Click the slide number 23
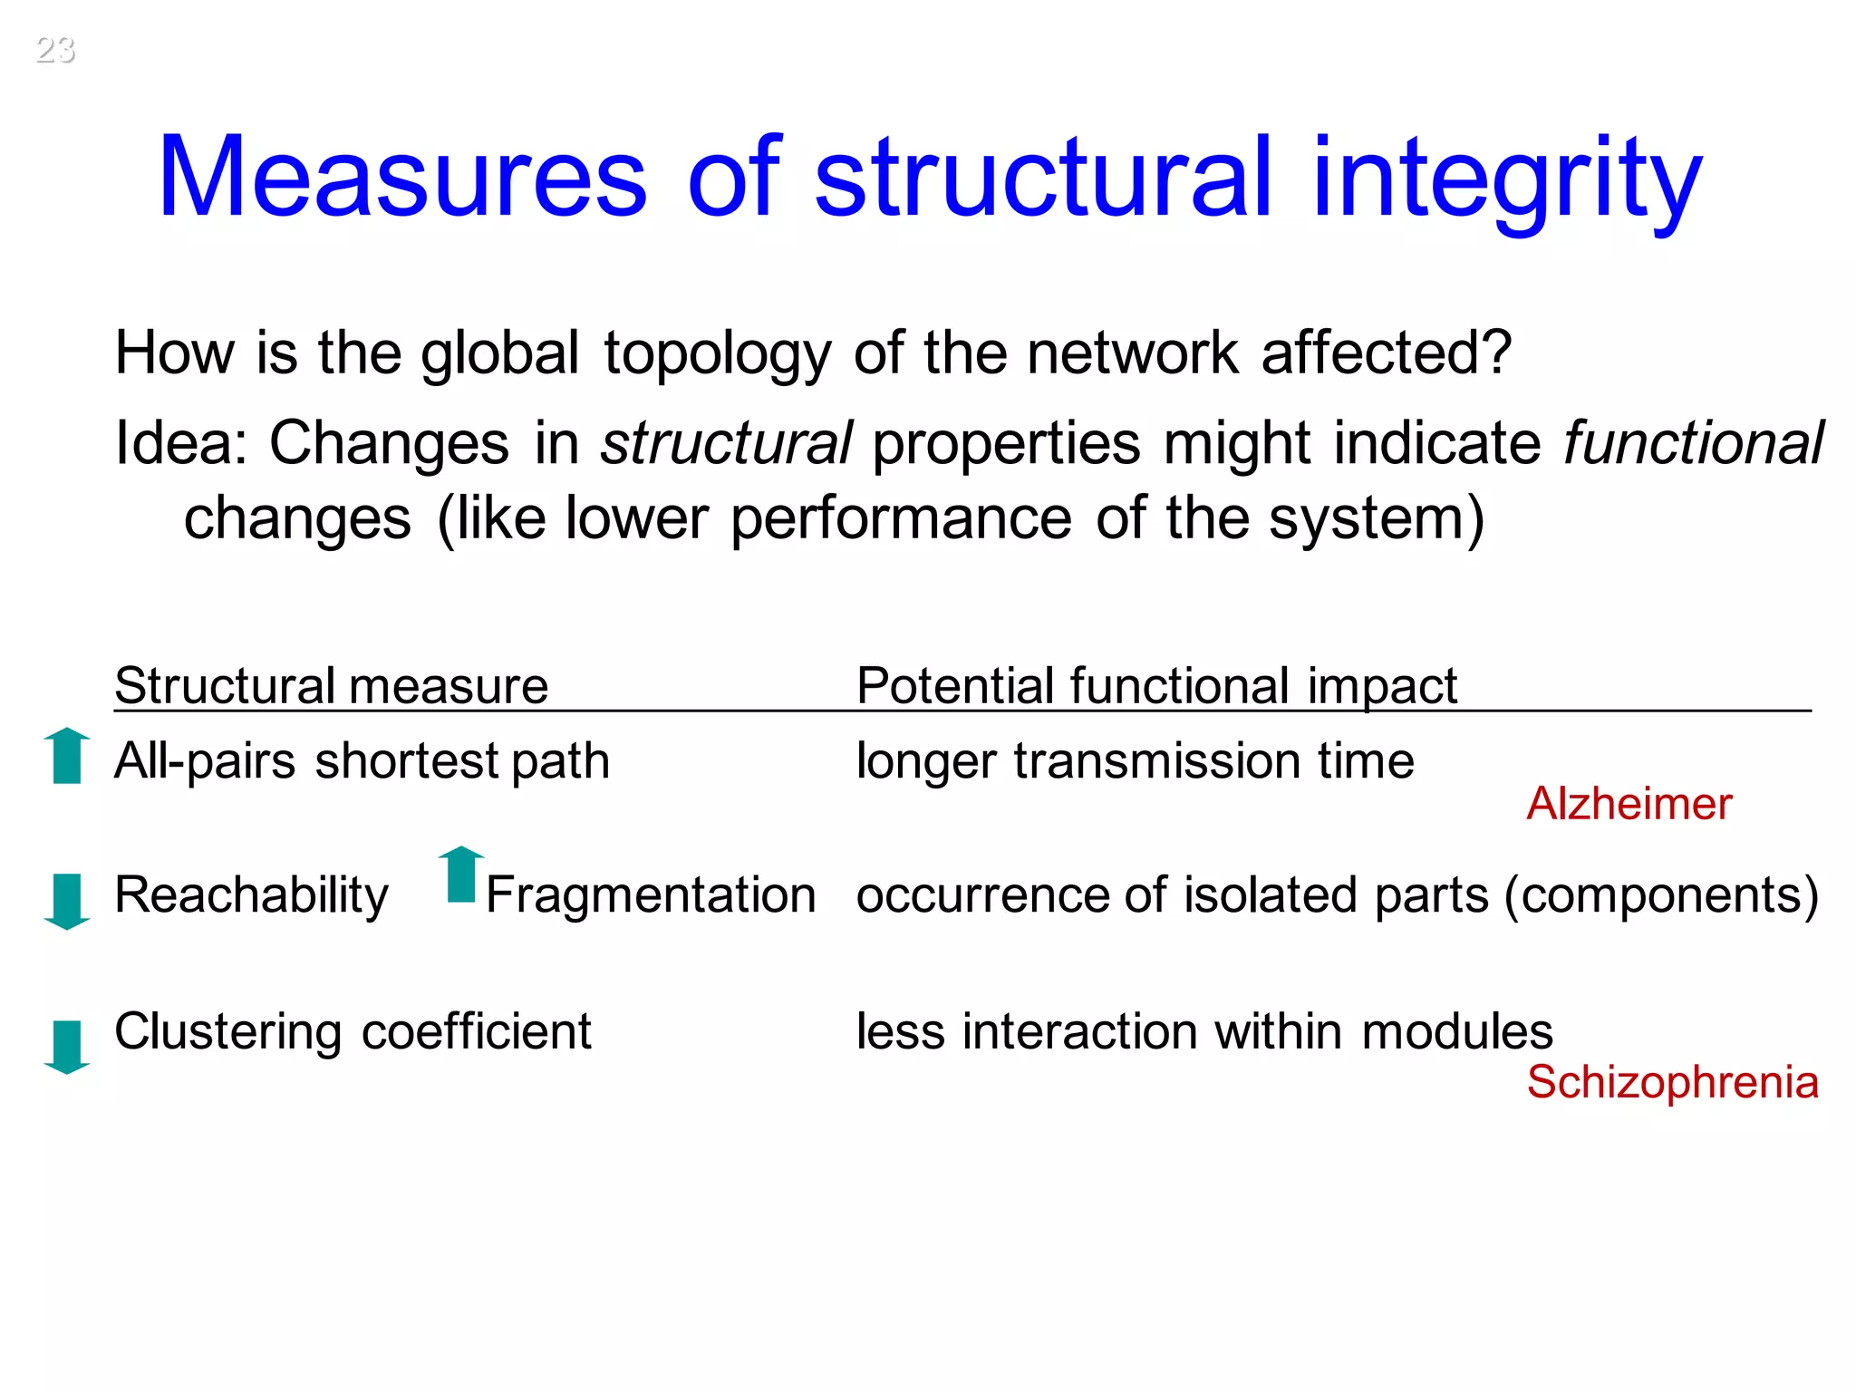point(55,49)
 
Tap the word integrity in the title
point(1506,179)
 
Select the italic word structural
point(726,443)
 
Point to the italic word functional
point(1693,443)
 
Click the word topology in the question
point(717,354)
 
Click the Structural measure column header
point(332,685)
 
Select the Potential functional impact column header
point(1156,685)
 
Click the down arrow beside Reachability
point(67,901)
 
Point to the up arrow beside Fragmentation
point(461,875)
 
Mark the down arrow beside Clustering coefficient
point(67,1046)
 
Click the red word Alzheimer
point(1629,804)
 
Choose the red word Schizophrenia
point(1672,1082)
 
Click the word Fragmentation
point(651,895)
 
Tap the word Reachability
point(251,895)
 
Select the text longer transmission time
point(1135,760)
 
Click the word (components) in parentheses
point(1660,895)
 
